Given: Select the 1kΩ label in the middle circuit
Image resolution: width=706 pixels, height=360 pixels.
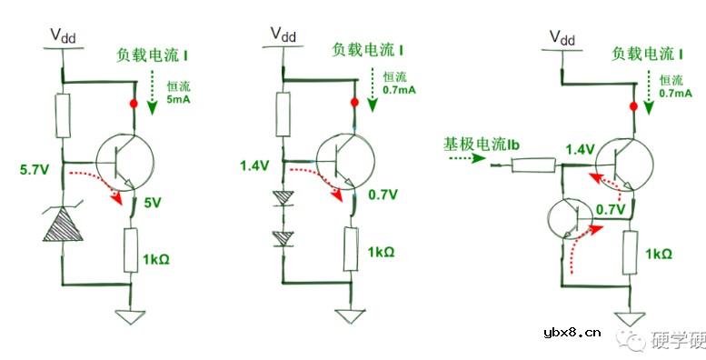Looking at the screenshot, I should [x=382, y=252].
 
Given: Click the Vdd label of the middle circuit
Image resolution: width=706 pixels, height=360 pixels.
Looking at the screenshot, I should [x=283, y=35].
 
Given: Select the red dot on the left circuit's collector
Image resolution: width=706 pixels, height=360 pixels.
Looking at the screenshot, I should [x=134, y=105].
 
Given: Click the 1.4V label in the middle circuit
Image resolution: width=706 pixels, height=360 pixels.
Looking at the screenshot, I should [x=254, y=165].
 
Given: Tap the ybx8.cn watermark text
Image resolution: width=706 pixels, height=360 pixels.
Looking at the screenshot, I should [x=571, y=334].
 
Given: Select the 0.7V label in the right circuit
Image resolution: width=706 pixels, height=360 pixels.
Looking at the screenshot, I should [x=611, y=210].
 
